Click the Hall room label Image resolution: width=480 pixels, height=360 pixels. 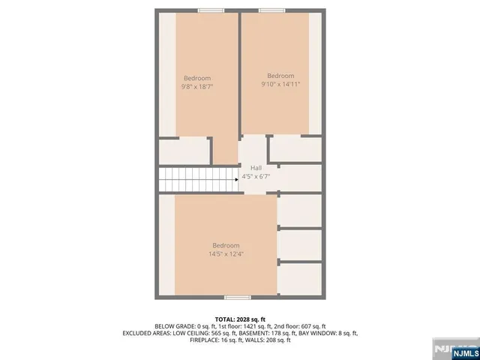point(256,167)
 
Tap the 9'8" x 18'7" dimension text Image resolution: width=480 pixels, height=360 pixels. point(197,87)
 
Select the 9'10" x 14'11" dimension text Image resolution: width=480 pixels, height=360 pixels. point(280,85)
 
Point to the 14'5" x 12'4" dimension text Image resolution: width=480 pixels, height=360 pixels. point(226,254)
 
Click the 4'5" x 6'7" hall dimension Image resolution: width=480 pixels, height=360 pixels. point(256,178)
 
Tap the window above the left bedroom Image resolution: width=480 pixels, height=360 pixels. point(211,10)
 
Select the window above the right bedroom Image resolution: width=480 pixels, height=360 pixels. point(271,10)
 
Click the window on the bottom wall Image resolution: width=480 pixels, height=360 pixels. point(238,298)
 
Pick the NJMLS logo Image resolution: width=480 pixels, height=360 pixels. point(455,350)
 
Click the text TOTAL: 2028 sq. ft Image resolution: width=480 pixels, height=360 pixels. point(239,319)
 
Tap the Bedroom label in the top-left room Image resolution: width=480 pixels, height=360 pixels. point(197,78)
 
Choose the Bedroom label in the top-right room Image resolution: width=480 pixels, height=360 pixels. point(280,76)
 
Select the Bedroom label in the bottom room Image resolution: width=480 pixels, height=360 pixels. point(226,245)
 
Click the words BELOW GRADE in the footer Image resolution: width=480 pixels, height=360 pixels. point(174,326)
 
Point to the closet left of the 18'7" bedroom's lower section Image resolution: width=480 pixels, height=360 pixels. point(184,151)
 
